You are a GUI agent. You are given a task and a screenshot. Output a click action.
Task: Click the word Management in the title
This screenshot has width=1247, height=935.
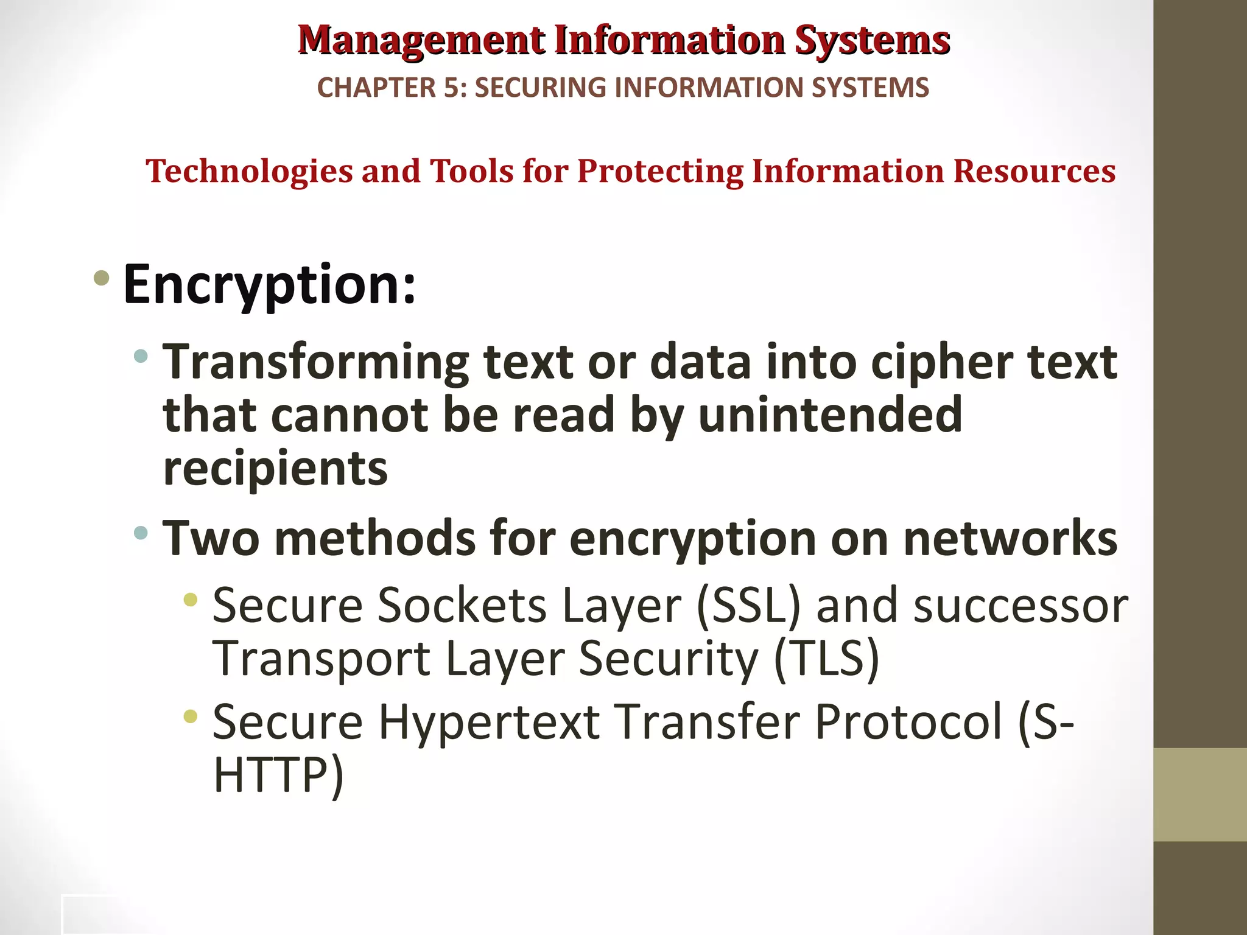coord(421,41)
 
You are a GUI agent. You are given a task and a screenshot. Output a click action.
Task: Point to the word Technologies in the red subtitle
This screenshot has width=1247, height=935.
coord(249,171)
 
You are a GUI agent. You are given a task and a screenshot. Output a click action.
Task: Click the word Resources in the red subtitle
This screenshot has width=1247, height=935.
coord(1034,171)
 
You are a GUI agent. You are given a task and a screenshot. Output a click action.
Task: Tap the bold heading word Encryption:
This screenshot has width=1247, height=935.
coord(270,284)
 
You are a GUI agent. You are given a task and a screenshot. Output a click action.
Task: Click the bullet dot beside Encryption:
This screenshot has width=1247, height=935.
coord(102,279)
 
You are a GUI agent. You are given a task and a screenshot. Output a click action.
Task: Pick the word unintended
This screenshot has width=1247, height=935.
coord(830,415)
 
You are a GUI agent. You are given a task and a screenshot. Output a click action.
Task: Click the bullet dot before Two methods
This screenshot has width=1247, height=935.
coord(141,533)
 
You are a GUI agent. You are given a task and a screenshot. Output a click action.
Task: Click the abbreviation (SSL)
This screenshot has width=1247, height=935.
coord(748,606)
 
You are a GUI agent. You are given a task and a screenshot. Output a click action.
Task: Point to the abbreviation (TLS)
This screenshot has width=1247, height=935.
coord(826,659)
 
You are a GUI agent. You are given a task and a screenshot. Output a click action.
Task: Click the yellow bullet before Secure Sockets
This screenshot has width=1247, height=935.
coord(191,600)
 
